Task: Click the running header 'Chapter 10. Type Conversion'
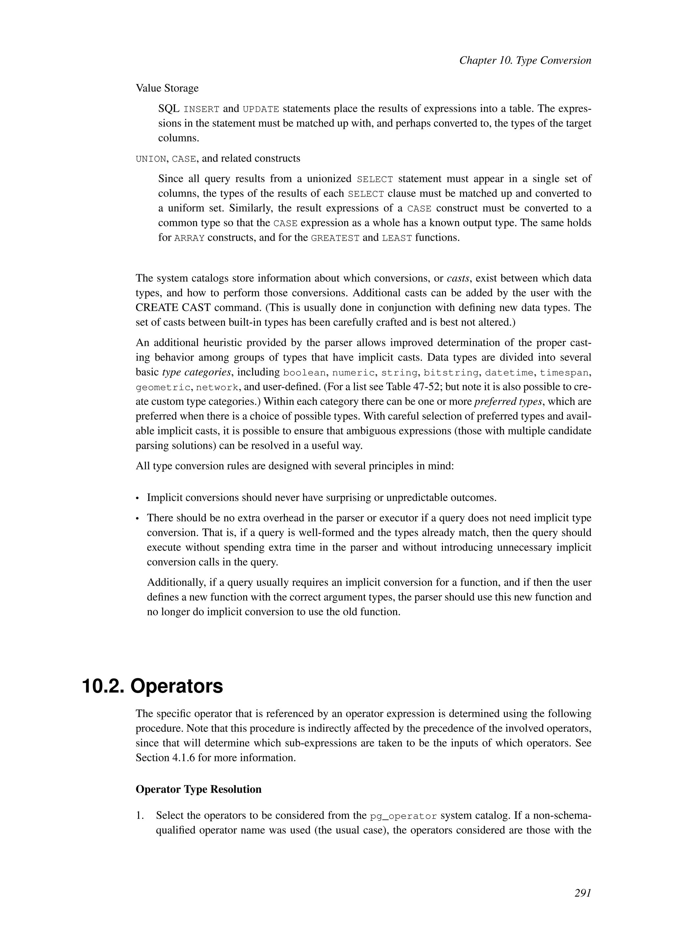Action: (x=525, y=60)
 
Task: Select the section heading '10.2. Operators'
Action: (x=152, y=686)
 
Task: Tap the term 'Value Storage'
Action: (x=167, y=88)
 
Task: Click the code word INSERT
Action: (x=201, y=109)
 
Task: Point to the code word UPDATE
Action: (x=261, y=109)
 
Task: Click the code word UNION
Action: (x=151, y=159)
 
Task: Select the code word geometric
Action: (x=163, y=388)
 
